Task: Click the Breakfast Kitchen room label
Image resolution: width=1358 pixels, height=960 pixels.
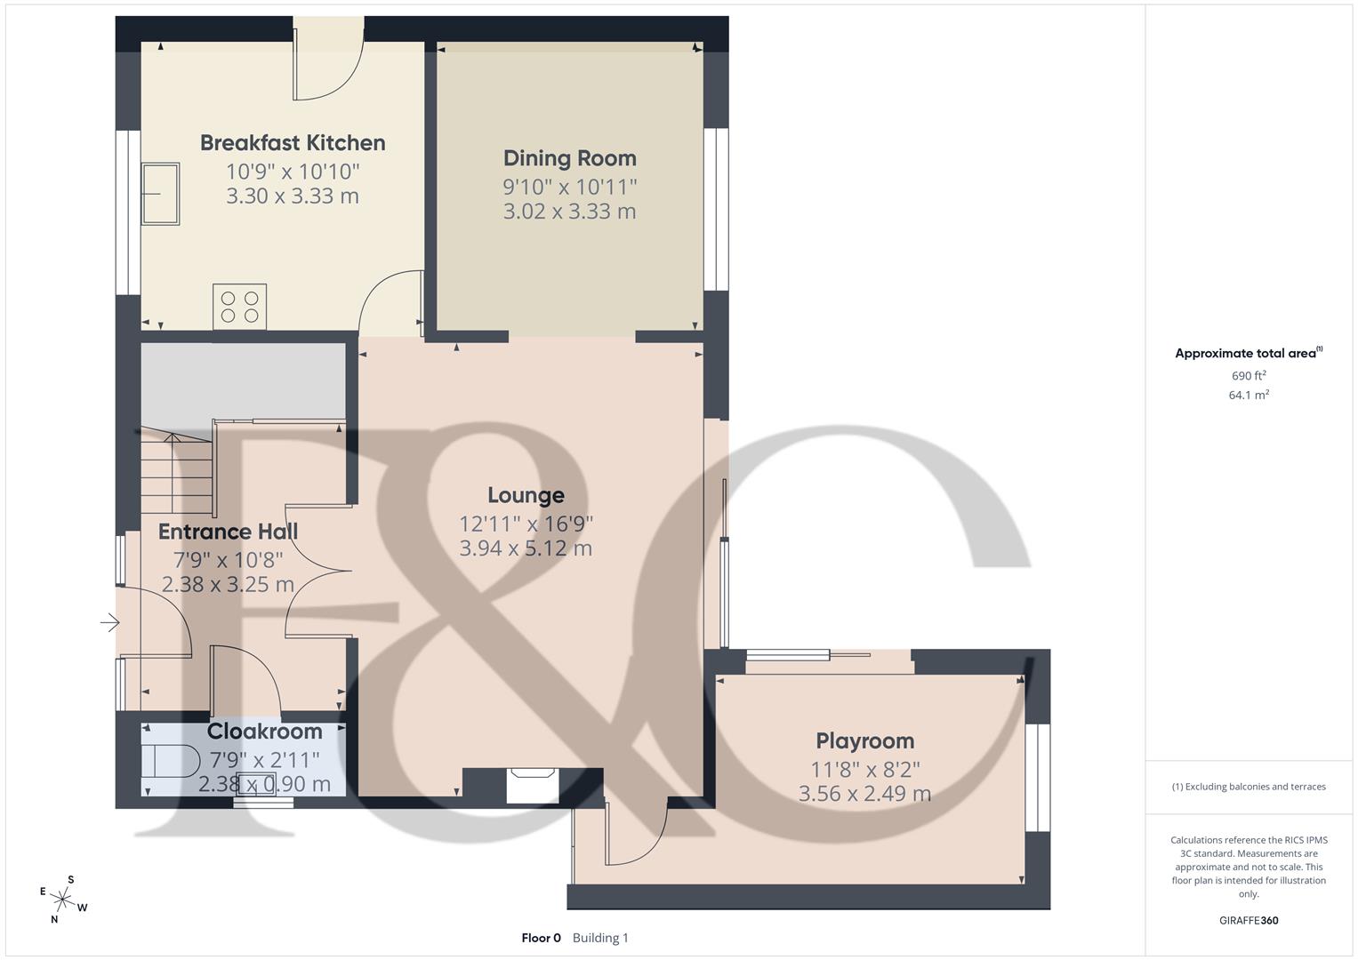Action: point(293,143)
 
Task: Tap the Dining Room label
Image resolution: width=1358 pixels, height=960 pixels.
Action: point(570,158)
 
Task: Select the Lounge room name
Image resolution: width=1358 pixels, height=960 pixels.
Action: point(526,495)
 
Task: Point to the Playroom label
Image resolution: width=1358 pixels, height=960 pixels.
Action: point(864,740)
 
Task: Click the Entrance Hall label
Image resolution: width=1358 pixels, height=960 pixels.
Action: point(228,532)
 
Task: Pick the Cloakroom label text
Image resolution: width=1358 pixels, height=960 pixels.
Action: point(264,732)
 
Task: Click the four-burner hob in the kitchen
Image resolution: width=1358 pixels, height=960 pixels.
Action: point(239,307)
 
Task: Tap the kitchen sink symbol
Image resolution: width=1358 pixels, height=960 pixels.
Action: point(160,194)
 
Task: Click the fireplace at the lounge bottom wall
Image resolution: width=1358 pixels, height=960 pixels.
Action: point(532,786)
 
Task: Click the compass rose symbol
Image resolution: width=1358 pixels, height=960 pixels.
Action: point(62,900)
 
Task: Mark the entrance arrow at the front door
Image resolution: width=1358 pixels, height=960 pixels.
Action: point(109,623)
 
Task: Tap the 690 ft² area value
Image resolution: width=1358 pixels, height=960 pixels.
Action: point(1249,376)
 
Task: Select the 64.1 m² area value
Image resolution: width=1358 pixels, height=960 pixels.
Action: point(1249,396)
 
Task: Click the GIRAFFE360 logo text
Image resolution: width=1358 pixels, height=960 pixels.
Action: point(1249,920)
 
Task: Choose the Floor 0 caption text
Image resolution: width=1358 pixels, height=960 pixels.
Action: point(541,938)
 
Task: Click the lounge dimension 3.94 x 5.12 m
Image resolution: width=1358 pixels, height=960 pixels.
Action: point(526,548)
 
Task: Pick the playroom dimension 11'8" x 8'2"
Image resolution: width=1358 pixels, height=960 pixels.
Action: point(864,769)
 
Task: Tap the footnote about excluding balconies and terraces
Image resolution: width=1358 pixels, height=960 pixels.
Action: point(1249,787)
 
